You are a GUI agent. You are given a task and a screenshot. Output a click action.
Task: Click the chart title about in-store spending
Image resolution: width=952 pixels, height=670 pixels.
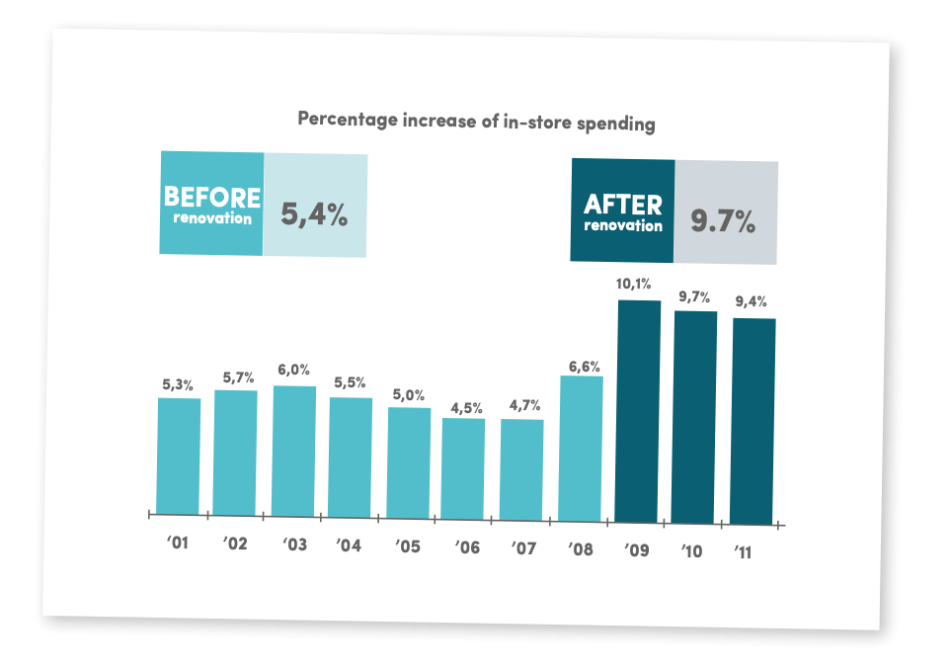476,122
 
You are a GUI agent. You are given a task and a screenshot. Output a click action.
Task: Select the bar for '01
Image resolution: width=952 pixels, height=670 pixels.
179,456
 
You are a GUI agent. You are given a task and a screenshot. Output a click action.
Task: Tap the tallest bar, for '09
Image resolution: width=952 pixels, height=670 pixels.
638,411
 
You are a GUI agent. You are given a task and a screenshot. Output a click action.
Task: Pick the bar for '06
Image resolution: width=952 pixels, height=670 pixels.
463,467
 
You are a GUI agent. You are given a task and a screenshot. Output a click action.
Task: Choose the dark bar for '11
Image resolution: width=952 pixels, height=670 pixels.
754,421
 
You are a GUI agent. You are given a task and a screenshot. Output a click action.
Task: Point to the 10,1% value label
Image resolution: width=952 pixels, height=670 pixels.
636,285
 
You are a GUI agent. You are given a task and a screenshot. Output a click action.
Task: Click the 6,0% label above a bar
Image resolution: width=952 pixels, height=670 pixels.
294,370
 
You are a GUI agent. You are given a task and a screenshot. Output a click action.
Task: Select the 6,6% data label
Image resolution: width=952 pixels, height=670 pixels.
584,366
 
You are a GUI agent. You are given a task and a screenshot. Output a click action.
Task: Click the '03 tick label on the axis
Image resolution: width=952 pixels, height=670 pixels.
293,544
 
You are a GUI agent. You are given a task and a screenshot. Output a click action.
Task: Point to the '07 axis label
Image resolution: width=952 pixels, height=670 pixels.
522,547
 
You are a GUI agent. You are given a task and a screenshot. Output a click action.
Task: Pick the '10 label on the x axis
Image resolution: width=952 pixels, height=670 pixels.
690,551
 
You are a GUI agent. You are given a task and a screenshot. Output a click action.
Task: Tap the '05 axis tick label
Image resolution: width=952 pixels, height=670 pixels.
408,545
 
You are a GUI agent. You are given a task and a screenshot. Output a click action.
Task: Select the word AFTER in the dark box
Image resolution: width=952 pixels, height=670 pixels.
622,205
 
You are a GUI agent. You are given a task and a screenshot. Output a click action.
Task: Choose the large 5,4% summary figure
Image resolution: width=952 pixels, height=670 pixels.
314,214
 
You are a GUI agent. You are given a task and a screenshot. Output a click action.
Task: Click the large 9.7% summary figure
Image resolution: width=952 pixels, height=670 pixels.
723,221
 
